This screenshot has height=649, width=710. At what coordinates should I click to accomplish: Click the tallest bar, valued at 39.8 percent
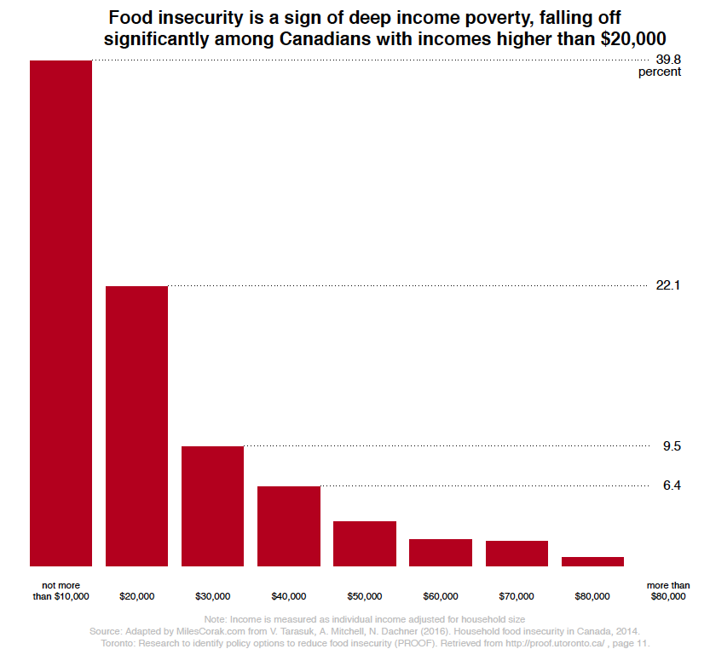[61, 313]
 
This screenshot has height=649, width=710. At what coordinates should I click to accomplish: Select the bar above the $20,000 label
[136, 426]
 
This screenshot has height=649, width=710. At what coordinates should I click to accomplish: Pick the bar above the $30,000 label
[212, 506]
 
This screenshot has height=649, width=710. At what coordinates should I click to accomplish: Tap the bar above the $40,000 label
[288, 526]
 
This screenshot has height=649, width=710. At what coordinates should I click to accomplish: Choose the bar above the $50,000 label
[364, 543]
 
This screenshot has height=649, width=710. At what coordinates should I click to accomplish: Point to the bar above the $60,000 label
[440, 552]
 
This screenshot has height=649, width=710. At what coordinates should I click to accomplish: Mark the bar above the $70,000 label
[517, 553]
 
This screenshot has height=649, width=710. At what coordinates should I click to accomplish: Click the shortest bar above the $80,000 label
[592, 561]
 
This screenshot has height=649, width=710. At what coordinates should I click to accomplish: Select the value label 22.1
[667, 285]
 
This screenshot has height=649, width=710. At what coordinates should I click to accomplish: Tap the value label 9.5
[672, 445]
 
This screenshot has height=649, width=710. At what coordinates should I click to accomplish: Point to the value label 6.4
[672, 485]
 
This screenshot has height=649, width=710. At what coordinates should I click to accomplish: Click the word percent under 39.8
[660, 72]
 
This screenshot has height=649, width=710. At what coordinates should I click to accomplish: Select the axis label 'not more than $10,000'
[61, 591]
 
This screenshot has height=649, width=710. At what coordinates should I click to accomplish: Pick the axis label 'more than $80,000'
[667, 591]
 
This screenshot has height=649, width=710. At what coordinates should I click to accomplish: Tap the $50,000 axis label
[364, 596]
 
